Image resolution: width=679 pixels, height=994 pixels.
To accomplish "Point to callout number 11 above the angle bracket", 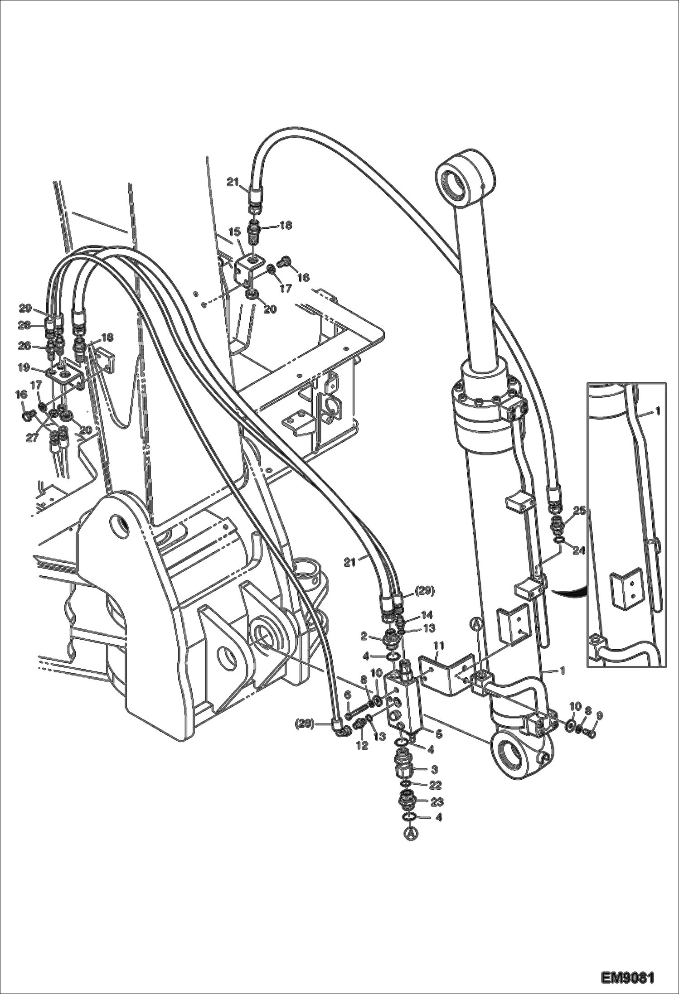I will coord(438,645).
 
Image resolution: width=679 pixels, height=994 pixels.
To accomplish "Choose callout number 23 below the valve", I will coord(436,802).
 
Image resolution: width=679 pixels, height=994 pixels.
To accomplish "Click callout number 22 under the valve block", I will coord(435,784).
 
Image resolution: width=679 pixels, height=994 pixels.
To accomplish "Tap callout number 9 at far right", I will coord(599,716).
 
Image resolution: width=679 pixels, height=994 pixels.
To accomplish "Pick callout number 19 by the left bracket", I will coord(24,368).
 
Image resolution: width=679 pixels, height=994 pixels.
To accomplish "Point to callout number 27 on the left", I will coord(32,438).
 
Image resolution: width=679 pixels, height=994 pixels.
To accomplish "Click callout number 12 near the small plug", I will coord(361,745).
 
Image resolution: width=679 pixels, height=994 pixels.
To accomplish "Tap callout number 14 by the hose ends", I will coord(427,615).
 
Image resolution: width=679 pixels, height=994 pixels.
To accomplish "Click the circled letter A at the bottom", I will coord(410,834).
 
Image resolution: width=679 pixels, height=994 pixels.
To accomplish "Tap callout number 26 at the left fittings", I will coord(24,346).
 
